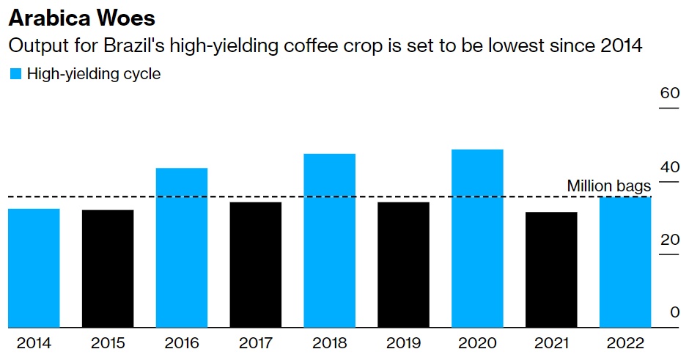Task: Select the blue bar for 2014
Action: (x=34, y=268)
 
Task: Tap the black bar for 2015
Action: (x=108, y=268)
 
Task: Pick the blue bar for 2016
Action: (x=182, y=247)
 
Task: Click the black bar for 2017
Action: (x=255, y=264)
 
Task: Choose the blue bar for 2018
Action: (x=329, y=240)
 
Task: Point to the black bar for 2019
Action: (x=403, y=264)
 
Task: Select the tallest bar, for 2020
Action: (x=477, y=238)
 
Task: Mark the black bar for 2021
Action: (x=551, y=269)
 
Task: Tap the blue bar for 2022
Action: (x=625, y=262)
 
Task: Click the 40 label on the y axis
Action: (x=670, y=166)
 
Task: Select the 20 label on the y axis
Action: (x=670, y=239)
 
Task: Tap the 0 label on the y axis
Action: (x=674, y=312)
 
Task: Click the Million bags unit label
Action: (x=608, y=186)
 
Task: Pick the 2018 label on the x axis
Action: (x=329, y=343)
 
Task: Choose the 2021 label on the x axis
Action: (x=551, y=343)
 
